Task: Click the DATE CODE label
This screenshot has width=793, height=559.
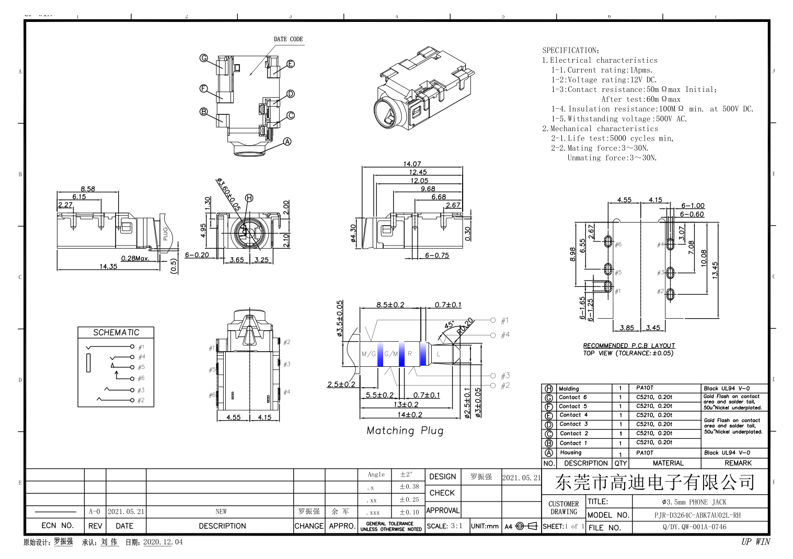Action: tap(288, 39)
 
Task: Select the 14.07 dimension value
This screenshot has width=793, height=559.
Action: tap(412, 164)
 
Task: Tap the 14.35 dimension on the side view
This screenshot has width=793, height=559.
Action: tap(108, 266)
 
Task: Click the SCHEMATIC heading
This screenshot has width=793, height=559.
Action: tap(116, 333)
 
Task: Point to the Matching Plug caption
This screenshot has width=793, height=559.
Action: tap(405, 431)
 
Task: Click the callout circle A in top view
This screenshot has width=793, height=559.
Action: tap(287, 142)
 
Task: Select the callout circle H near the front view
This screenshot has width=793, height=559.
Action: tap(249, 198)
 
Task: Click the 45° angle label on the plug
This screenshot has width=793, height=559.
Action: tap(449, 324)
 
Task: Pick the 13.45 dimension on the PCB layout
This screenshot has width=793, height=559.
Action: tap(715, 270)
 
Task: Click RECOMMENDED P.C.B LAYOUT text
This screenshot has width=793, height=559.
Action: tap(629, 346)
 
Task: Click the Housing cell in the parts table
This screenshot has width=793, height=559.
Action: tap(570, 453)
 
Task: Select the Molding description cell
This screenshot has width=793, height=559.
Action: tap(569, 389)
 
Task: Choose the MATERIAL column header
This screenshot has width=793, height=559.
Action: tap(668, 463)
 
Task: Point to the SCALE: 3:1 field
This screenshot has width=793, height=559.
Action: tap(444, 526)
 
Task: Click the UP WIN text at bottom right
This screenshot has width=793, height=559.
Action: tap(755, 542)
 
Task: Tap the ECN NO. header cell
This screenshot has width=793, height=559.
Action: tap(57, 526)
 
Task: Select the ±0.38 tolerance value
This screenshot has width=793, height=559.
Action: tap(409, 487)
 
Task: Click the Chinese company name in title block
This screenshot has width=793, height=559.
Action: tap(654, 482)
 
